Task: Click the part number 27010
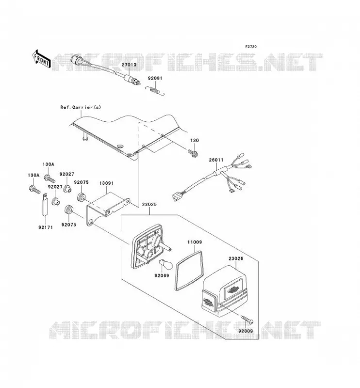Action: pyautogui.click(x=129, y=65)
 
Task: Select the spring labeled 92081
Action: pyautogui.click(x=155, y=90)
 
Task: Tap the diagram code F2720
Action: pyautogui.click(x=251, y=47)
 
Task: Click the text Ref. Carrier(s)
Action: pyautogui.click(x=81, y=107)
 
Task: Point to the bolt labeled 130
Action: pyautogui.click(x=193, y=153)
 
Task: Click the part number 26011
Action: pyautogui.click(x=216, y=160)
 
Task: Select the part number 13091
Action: pyautogui.click(x=106, y=183)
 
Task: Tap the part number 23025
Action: pyautogui.click(x=149, y=204)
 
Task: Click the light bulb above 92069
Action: pyautogui.click(x=164, y=264)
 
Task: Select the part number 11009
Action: pyautogui.click(x=195, y=242)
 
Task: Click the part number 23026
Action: pyautogui.click(x=236, y=259)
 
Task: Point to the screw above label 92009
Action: pyautogui.click(x=246, y=319)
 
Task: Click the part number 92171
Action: pyautogui.click(x=46, y=227)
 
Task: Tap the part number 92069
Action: pyautogui.click(x=162, y=275)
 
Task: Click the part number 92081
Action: pyautogui.click(x=155, y=78)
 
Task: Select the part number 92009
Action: pyautogui.click(x=245, y=331)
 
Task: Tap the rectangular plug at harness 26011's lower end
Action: pyautogui.click(x=175, y=197)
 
